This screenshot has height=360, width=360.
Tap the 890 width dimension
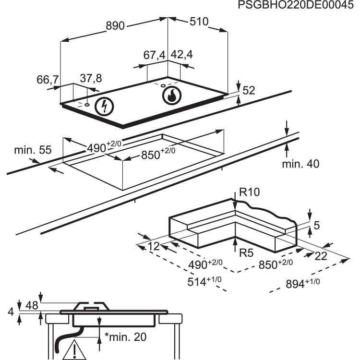pyautogui.click(x=115, y=26)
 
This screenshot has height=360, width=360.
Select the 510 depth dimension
pyautogui.click(x=199, y=22)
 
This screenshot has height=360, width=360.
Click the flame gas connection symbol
pyautogui.click(x=171, y=96)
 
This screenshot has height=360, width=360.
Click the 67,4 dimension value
pyautogui.click(x=154, y=55)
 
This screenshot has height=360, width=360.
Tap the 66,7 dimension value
pyautogui.click(x=47, y=80)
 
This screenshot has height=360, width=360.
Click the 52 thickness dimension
pyautogui.click(x=249, y=90)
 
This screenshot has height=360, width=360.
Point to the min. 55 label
pyautogui.click(x=33, y=150)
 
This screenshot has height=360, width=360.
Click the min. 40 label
pyautogui.click(x=300, y=164)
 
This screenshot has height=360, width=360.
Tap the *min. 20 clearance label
pyautogui.click(x=125, y=337)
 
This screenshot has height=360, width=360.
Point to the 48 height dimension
pyautogui.click(x=31, y=304)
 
